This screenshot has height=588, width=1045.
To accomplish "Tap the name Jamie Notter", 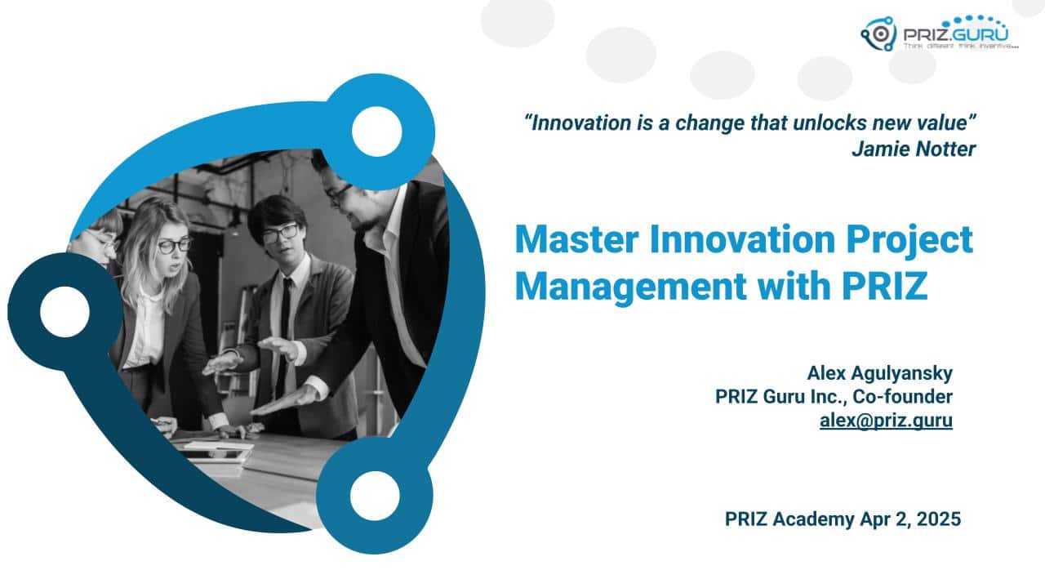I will (913, 149).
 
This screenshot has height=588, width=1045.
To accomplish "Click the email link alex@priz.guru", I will (886, 421).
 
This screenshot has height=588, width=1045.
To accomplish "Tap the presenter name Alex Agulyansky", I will (879, 373).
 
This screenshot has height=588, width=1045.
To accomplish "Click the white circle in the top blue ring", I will (376, 131).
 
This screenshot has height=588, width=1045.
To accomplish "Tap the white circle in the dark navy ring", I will (64, 312).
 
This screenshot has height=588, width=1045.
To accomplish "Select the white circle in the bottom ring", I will (375, 496).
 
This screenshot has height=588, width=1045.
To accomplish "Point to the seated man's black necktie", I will (285, 327).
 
